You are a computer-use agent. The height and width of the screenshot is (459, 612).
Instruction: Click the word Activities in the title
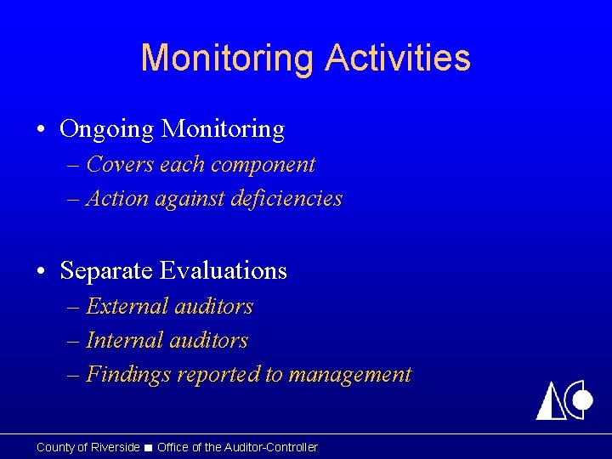coord(397,58)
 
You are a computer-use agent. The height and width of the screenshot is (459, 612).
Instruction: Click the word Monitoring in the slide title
coord(228,58)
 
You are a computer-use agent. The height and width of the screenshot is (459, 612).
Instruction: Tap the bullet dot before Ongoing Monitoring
coord(42,130)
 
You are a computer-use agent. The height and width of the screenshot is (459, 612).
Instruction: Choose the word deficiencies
coord(290,199)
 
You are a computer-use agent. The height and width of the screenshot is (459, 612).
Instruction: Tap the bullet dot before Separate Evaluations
coord(42,271)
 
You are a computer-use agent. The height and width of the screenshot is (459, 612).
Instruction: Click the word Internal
coord(124,341)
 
